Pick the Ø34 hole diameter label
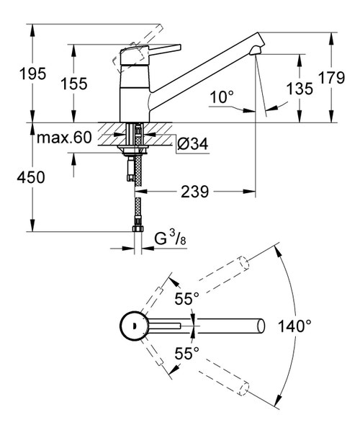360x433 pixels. pyautogui.click(x=192, y=144)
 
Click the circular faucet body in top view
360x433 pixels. pyautogui.click(x=134, y=326)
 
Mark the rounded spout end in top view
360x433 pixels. pyautogui.click(x=260, y=326)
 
